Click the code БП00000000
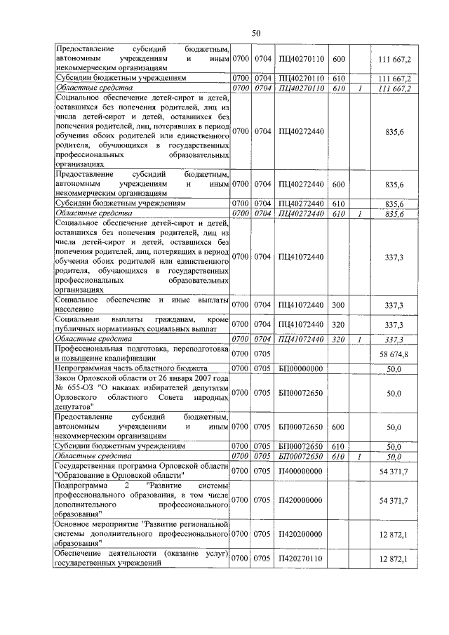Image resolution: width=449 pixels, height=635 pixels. (300, 368)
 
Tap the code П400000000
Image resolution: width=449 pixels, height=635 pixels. (300, 471)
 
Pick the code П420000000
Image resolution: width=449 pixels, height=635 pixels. (300, 500)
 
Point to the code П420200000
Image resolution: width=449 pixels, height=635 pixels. (300, 534)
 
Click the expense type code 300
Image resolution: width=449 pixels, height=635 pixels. (338, 305)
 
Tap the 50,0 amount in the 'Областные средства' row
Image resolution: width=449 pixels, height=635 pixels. (393, 456)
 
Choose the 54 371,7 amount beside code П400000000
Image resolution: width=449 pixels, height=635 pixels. (394, 471)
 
